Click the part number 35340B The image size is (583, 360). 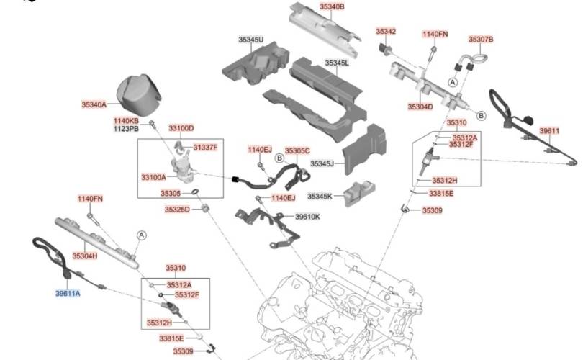pyautogui.click(x=332, y=6)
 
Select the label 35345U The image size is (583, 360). pyautogui.click(x=251, y=39)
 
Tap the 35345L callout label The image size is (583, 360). pyautogui.click(x=336, y=63)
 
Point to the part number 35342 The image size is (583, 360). pyautogui.click(x=386, y=32)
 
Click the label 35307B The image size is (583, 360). pyautogui.click(x=481, y=39)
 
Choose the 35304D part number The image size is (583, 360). pyautogui.click(x=420, y=107)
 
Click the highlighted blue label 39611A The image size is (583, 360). pyautogui.click(x=68, y=294)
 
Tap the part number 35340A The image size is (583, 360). pyautogui.click(x=94, y=104)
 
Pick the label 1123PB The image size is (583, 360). pyautogui.click(x=126, y=129)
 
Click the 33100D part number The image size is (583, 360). pyautogui.click(x=181, y=128)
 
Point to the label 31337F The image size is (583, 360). pyautogui.click(x=205, y=148)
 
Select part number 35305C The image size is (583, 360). pyautogui.click(x=297, y=150)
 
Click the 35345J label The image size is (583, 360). pyautogui.click(x=322, y=164)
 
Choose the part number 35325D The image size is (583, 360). pyautogui.click(x=176, y=210)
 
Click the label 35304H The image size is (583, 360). pyautogui.click(x=84, y=256)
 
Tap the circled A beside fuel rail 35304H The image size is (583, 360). pyautogui.click(x=142, y=235)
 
